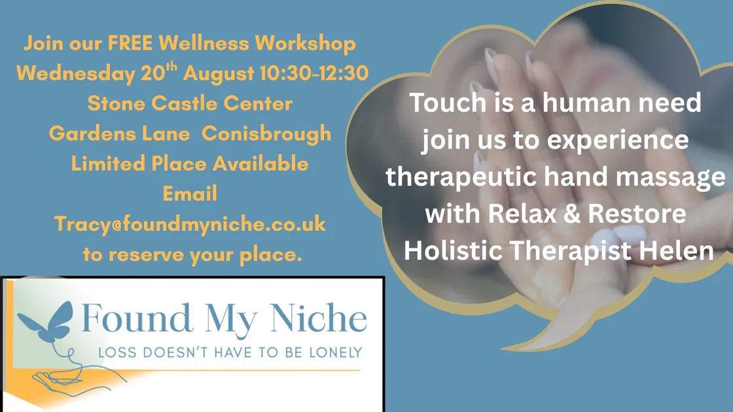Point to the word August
[218, 73]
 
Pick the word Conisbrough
[266, 133]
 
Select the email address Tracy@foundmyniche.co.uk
[190, 224]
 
